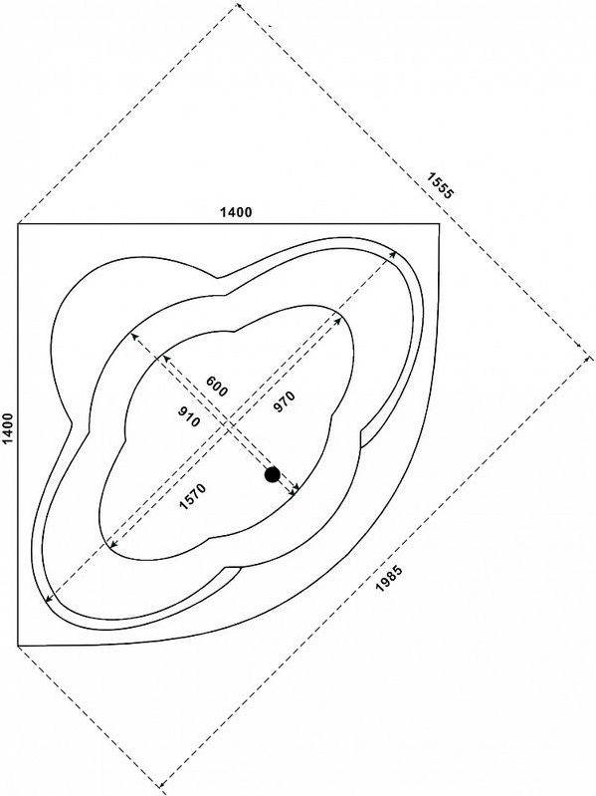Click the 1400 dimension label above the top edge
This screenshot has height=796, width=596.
235,211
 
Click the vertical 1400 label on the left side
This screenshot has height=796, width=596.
9,429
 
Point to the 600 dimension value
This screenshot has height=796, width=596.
216,386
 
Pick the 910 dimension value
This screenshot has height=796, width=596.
189,416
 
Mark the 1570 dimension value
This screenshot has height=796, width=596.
193,496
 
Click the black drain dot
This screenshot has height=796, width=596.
273,474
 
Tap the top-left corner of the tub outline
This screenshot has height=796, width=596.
18,223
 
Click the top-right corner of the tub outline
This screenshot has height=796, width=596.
440,223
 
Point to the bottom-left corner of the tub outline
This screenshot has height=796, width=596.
18,646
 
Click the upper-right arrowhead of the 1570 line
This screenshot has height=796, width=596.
393,253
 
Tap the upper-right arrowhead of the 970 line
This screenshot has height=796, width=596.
338,320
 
